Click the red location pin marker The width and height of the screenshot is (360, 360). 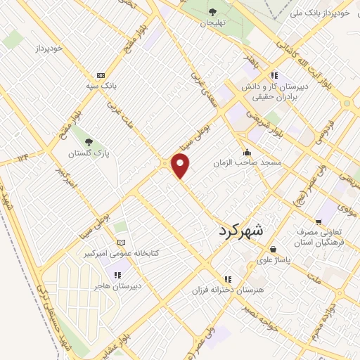[x=181, y=166]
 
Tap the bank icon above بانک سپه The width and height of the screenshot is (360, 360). [x=101, y=75]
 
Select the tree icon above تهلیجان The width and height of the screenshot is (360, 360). [x=212, y=11]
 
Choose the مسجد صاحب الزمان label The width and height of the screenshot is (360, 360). [x=248, y=162]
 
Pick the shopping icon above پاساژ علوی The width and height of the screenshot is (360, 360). [x=273, y=249]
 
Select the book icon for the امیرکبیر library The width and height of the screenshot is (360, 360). [x=122, y=242]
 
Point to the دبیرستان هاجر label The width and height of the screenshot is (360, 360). [x=117, y=286]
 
